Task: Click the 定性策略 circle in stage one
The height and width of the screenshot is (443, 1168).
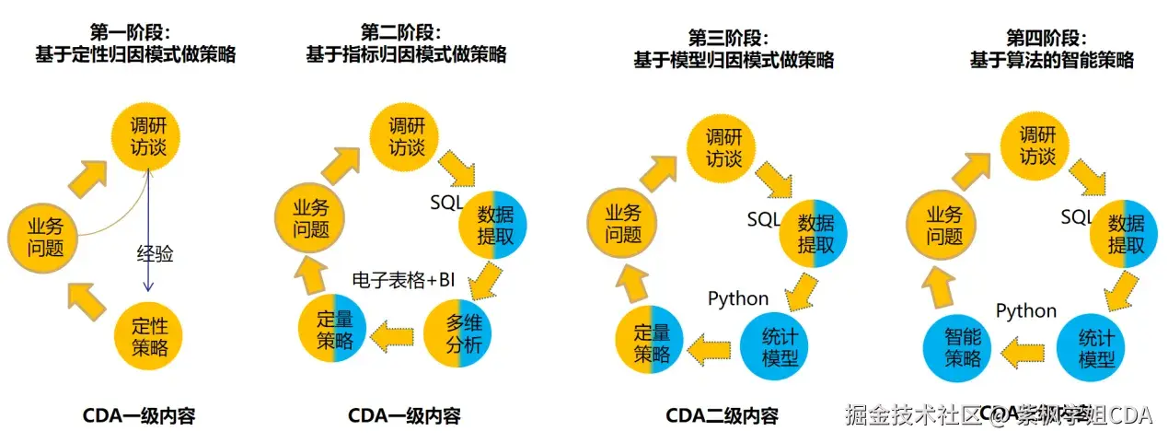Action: pos(149,337)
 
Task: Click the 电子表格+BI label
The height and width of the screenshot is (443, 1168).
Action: pos(405,278)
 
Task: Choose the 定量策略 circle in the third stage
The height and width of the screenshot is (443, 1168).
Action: pos(650,344)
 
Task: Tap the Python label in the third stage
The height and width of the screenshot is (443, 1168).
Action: pos(738,298)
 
